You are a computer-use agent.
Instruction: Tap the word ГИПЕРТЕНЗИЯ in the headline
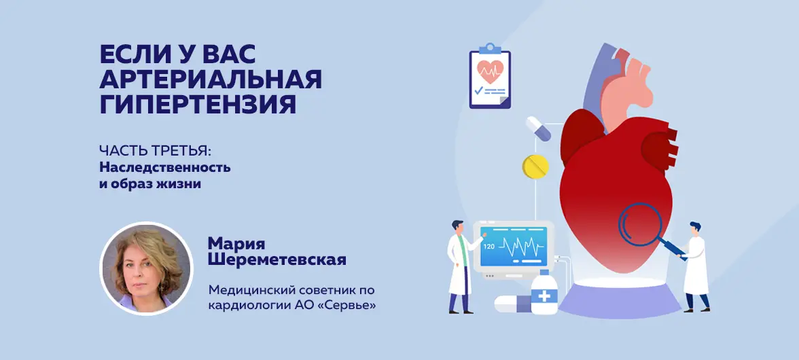[198, 105]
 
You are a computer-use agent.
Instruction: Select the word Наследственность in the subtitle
[164, 167]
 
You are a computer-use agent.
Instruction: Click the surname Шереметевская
[277, 259]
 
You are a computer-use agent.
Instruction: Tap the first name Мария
[236, 244]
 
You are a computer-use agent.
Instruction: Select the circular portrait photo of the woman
[146, 268]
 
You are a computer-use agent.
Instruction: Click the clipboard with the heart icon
[490, 76]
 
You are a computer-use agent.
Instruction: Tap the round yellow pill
[535, 166]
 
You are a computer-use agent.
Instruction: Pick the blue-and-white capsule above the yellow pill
[538, 128]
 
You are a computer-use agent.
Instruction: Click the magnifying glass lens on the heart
[640, 225]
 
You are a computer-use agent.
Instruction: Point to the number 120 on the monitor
[489, 247]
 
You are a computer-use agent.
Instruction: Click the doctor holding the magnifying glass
[695, 266]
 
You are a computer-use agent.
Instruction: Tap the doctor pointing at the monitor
[461, 266]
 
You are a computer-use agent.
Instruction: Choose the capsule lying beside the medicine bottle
[512, 304]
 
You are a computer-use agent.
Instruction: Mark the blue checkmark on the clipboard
[478, 90]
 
